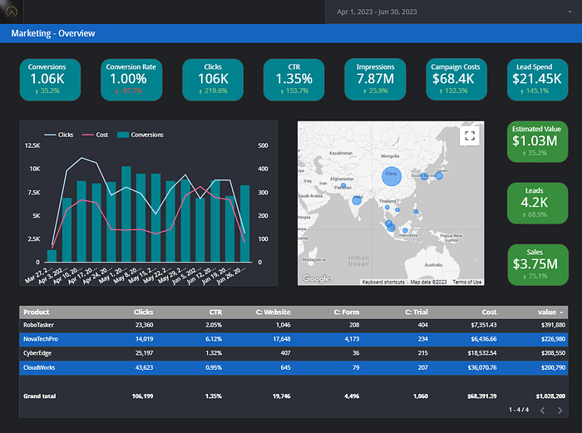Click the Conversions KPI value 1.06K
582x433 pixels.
pos(47,79)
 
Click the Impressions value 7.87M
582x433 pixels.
pos(375,79)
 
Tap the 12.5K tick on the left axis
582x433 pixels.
pos(32,146)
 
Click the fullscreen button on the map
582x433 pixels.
pos(469,135)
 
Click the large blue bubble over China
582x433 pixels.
pos(391,175)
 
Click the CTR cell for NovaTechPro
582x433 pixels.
pos(214,338)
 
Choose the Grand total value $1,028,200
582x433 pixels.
pos(548,396)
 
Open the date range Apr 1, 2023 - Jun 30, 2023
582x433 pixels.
pos(377,12)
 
